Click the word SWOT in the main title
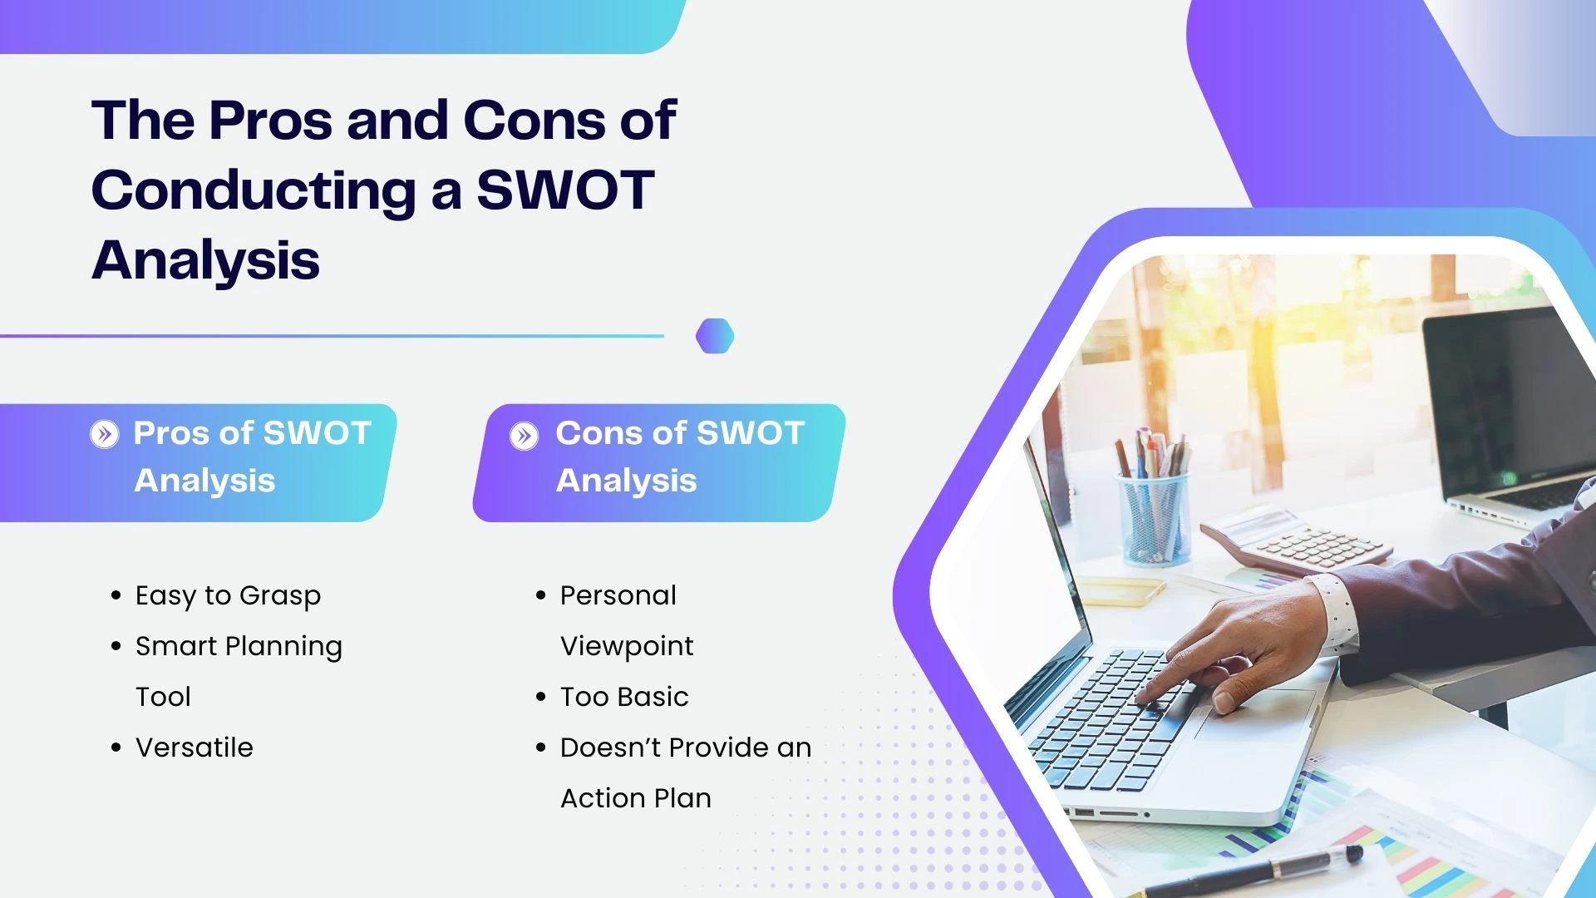(x=565, y=190)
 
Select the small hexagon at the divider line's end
(x=715, y=336)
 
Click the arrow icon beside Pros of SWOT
(x=105, y=433)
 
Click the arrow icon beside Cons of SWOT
(x=524, y=435)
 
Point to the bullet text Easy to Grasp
(x=228, y=596)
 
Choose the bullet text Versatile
(x=195, y=748)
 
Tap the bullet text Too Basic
(x=624, y=697)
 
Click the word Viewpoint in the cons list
(x=627, y=647)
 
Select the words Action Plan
(x=636, y=798)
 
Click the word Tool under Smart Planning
(x=163, y=697)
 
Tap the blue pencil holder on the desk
(x=1153, y=520)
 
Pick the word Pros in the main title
(x=271, y=121)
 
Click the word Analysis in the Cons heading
(x=627, y=481)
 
